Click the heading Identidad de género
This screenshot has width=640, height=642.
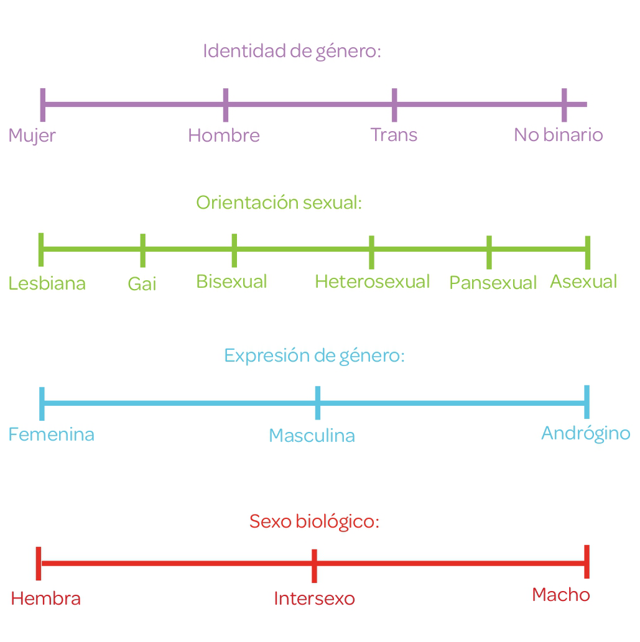click(x=292, y=51)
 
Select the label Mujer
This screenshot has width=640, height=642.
click(x=32, y=135)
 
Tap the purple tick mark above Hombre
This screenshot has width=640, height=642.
click(x=225, y=105)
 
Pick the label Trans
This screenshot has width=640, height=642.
click(x=394, y=135)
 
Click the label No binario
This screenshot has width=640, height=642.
click(x=558, y=135)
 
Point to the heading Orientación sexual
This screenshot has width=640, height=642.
click(x=279, y=203)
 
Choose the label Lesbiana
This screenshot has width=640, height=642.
click(x=47, y=284)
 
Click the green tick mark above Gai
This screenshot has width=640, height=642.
click(x=143, y=250)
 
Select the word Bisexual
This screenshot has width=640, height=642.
click(x=231, y=282)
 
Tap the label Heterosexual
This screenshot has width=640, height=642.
click(x=372, y=282)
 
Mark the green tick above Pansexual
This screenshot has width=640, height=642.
click(x=489, y=252)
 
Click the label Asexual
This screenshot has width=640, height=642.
click(x=583, y=282)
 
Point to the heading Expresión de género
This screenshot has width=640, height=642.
click(x=314, y=356)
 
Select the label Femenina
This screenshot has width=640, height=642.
click(x=52, y=434)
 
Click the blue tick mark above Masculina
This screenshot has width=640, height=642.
click(x=318, y=403)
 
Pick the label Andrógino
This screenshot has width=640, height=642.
click(x=585, y=433)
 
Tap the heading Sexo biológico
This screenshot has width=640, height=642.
click(x=314, y=521)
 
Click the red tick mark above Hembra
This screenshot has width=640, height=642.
click(x=39, y=563)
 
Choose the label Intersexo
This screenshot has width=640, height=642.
click(x=314, y=598)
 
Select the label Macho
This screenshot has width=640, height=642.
click(x=560, y=595)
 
